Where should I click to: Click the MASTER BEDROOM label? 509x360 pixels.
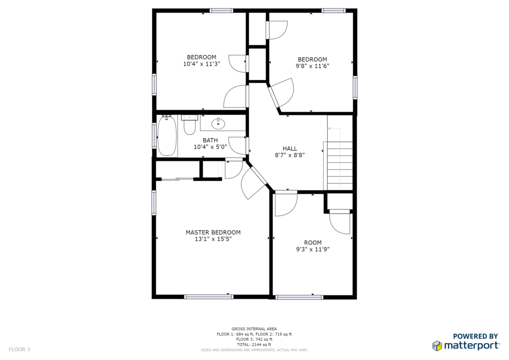point(213,232)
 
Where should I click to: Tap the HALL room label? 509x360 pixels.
point(290,148)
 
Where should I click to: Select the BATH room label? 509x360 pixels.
point(210,140)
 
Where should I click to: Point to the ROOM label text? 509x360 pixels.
point(313,243)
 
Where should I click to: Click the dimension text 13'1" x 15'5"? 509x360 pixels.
point(213,239)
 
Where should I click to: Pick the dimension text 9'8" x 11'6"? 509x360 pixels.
point(312,66)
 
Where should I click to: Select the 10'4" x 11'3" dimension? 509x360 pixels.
point(202,64)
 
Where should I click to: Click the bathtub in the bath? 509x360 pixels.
point(167,136)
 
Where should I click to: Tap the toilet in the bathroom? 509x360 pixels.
point(189,125)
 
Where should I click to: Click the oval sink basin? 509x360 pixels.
point(218,123)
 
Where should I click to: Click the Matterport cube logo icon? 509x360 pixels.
point(437,346)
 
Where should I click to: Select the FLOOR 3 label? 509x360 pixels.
point(19,349)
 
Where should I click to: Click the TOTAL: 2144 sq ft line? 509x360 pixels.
point(254,345)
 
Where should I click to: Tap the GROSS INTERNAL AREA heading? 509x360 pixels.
point(254,329)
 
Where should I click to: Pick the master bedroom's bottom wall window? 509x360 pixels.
point(209,296)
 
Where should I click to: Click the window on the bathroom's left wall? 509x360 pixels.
point(154,136)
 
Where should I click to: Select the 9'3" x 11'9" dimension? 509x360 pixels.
point(313,249)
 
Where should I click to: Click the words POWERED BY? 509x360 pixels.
point(475,336)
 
